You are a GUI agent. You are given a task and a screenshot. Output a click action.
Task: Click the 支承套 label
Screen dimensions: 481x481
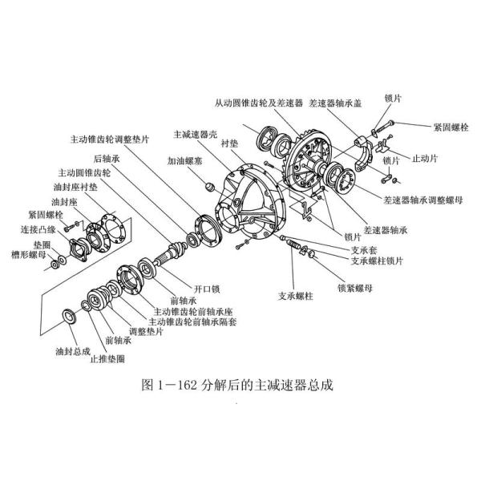click(364, 249)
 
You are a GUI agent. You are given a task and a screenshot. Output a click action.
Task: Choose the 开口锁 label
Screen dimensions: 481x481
click(208, 286)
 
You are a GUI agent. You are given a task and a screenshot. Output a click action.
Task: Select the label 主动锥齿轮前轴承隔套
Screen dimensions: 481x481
click(200, 321)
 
